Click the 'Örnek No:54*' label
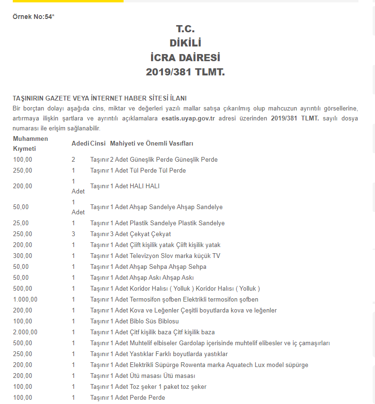33,17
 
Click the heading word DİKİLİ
185,43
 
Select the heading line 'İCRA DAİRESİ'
185,58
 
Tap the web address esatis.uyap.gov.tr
188,118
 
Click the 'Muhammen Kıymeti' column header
30,143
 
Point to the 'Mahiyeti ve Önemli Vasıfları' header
152,143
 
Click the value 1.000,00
25,299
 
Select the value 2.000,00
25,332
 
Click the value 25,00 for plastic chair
21,223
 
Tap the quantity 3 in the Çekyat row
73,234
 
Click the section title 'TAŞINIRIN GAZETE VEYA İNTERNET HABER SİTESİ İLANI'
99,98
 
